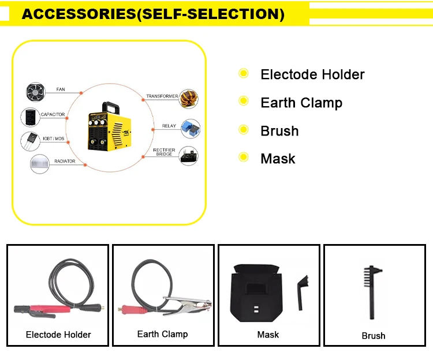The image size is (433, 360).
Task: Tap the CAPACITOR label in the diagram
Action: [53, 115]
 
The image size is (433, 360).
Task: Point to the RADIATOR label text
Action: [65, 162]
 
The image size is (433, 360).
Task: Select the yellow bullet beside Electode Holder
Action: [244, 74]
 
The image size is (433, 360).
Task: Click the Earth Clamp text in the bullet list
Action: [301, 103]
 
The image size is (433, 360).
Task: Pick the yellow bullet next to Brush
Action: [244, 129]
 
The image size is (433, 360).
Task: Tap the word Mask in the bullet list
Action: [278, 158]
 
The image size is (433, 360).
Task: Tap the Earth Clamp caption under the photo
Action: [162, 334]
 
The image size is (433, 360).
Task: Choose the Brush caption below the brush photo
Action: [374, 335]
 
